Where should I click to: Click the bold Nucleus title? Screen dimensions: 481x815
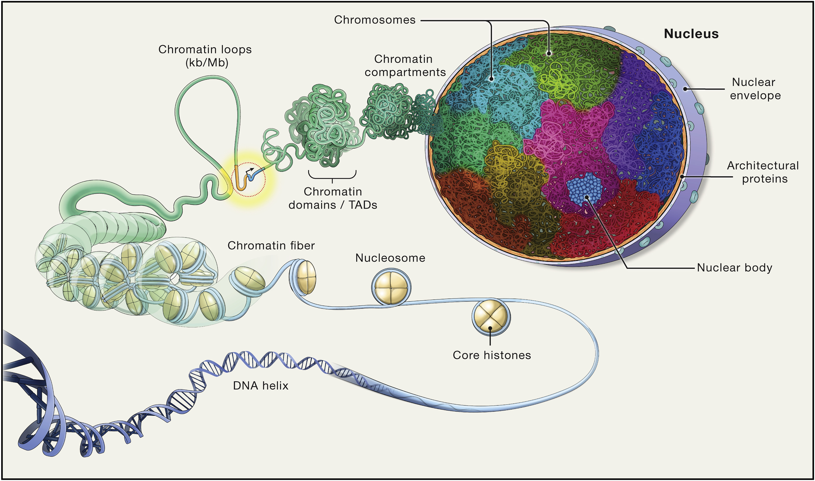pos(691,34)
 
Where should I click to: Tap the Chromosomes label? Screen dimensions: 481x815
pos(375,20)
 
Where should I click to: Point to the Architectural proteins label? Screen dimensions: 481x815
pos(762,172)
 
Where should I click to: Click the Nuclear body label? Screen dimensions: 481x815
pos(735,268)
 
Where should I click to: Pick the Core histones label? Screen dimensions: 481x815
pos(492,355)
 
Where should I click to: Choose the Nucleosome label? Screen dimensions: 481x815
pos(390,258)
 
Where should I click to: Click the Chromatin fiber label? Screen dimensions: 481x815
pos(271,246)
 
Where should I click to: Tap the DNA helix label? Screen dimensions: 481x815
pos(260,386)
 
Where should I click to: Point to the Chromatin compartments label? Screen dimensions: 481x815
pos(405,66)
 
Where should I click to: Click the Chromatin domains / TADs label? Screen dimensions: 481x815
pos(333,198)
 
